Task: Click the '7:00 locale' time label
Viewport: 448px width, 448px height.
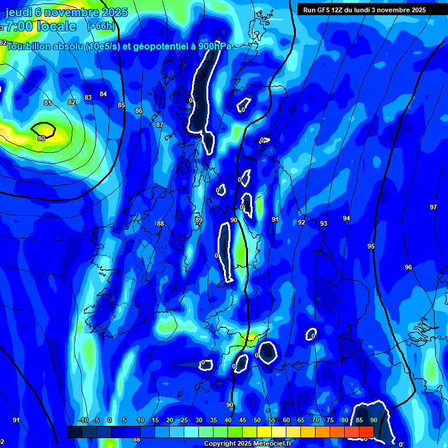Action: click(41, 26)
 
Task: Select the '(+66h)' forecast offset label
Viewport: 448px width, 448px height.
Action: click(101, 26)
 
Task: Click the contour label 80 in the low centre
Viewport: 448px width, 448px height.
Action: click(41, 138)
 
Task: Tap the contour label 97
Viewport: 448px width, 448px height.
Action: click(433, 207)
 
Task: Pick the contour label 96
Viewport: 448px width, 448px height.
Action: click(408, 267)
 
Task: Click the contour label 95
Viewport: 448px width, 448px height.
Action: click(371, 247)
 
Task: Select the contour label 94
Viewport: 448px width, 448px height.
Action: click(346, 218)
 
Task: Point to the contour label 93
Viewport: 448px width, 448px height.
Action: click(324, 223)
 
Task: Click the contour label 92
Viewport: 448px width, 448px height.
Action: click(302, 222)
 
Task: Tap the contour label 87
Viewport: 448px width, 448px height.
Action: click(160, 125)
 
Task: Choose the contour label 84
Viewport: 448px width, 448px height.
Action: click(103, 94)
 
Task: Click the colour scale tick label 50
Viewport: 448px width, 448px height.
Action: click(257, 421)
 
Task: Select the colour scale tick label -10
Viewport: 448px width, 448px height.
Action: click(83, 421)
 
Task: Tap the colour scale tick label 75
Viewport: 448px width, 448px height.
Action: click(330, 421)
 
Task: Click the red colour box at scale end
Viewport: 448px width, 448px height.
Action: click(366, 432)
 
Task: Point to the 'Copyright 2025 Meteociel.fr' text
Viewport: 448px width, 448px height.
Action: click(248, 443)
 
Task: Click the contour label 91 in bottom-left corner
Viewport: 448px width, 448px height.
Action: click(16, 420)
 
